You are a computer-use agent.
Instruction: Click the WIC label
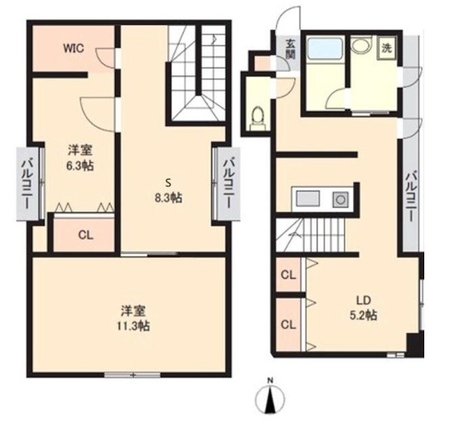(x=74, y=48)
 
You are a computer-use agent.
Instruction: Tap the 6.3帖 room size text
(x=79, y=166)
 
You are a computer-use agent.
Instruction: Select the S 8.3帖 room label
(x=168, y=190)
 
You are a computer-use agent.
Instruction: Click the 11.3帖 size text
(x=133, y=325)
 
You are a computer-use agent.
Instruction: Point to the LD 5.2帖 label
(x=364, y=308)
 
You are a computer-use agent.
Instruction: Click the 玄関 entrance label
(x=290, y=49)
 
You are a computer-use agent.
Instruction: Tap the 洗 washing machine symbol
(x=386, y=49)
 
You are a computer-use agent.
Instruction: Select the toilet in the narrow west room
(x=257, y=118)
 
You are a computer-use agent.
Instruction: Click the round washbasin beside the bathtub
(x=362, y=45)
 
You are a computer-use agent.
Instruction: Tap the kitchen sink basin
(x=308, y=198)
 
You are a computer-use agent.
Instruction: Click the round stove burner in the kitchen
(x=341, y=200)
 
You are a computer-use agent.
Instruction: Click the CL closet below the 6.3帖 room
(x=86, y=236)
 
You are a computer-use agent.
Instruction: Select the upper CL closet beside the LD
(x=288, y=275)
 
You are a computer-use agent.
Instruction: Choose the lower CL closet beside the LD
(x=288, y=325)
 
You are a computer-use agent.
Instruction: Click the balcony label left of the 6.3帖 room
(x=27, y=185)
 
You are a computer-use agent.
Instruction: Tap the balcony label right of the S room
(x=228, y=185)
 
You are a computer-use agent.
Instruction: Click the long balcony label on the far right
(x=411, y=196)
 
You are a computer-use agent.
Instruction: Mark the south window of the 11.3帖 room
(x=132, y=375)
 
